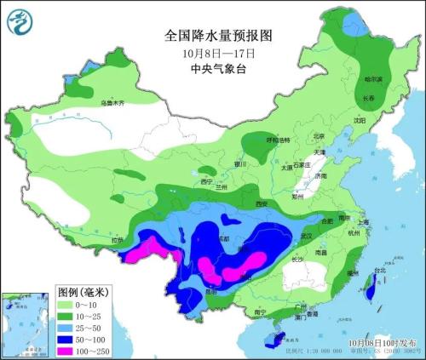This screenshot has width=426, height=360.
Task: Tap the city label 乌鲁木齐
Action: [112, 103]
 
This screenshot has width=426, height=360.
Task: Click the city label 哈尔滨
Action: [374, 79]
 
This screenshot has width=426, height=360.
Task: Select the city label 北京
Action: [319, 136]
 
